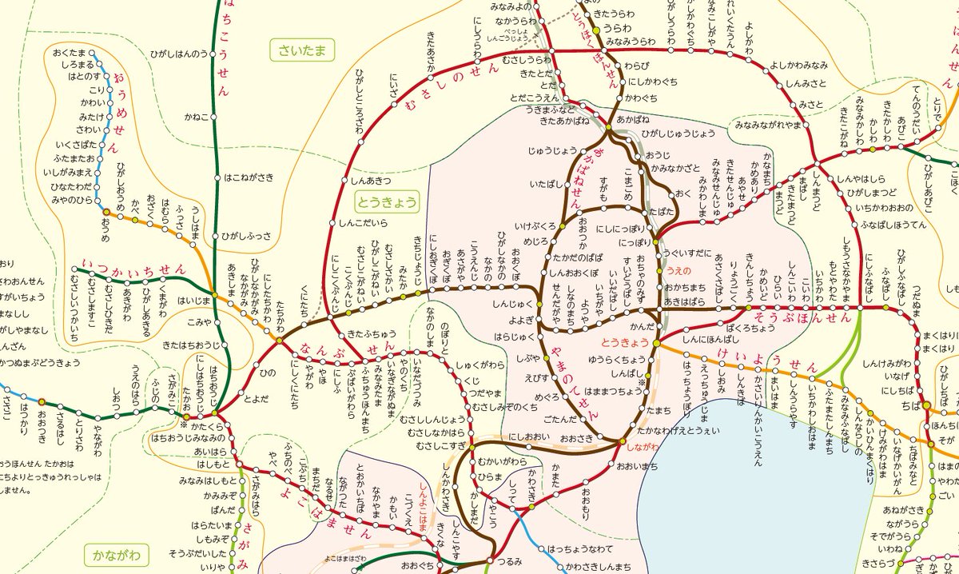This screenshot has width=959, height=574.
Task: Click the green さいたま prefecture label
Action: (301, 52)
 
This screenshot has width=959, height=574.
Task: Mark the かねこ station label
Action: (196, 117)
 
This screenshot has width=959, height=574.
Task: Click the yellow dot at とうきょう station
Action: (656, 343)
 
